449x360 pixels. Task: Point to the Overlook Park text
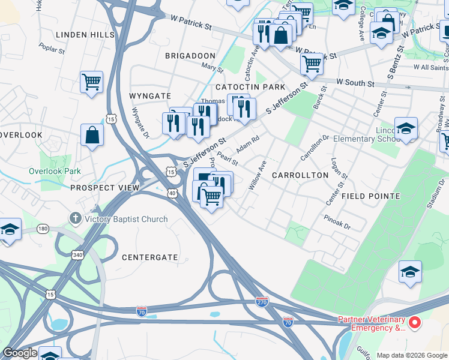pyautogui.click(x=55, y=171)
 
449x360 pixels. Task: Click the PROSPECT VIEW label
pyautogui.click(x=105, y=188)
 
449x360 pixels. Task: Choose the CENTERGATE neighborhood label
pyautogui.click(x=150, y=257)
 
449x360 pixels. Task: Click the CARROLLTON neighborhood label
pyautogui.click(x=300, y=175)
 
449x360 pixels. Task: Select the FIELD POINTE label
pyautogui.click(x=370, y=196)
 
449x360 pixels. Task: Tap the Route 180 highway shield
pyautogui.click(x=43, y=229)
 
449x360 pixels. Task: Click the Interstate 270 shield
pyautogui.click(x=262, y=302)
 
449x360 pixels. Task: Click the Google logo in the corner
pyautogui.click(x=20, y=353)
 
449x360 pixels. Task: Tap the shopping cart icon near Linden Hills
pyautogui.click(x=91, y=82)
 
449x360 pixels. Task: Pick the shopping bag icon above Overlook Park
pyautogui.click(x=92, y=134)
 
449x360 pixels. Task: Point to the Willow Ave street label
pyautogui.click(x=257, y=175)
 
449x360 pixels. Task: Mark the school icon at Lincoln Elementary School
pyautogui.click(x=406, y=128)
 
